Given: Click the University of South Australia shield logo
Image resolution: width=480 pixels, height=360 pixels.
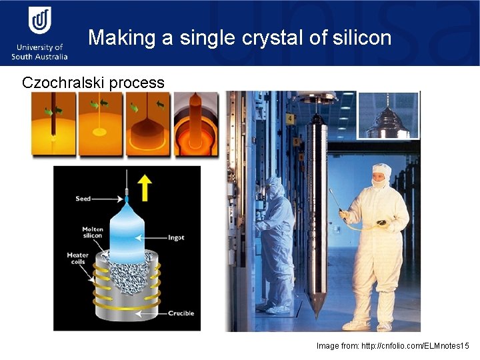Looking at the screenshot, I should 39,20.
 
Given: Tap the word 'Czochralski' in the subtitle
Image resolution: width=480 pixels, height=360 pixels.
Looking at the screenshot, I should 63,83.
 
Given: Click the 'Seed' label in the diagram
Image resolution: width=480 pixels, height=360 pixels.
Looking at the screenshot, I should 83,199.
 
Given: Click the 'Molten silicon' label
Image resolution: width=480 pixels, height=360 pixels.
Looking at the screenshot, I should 92,232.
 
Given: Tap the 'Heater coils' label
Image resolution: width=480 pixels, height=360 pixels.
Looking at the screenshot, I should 77,259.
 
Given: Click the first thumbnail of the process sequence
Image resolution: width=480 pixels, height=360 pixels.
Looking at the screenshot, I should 53,124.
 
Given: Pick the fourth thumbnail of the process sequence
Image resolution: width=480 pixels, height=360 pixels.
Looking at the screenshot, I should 196,124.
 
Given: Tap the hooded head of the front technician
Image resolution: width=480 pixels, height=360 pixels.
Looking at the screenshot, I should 381,176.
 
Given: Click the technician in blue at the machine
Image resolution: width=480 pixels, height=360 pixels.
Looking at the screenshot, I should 276,240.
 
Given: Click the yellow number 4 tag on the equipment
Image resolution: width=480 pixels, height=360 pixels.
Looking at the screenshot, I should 290,118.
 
